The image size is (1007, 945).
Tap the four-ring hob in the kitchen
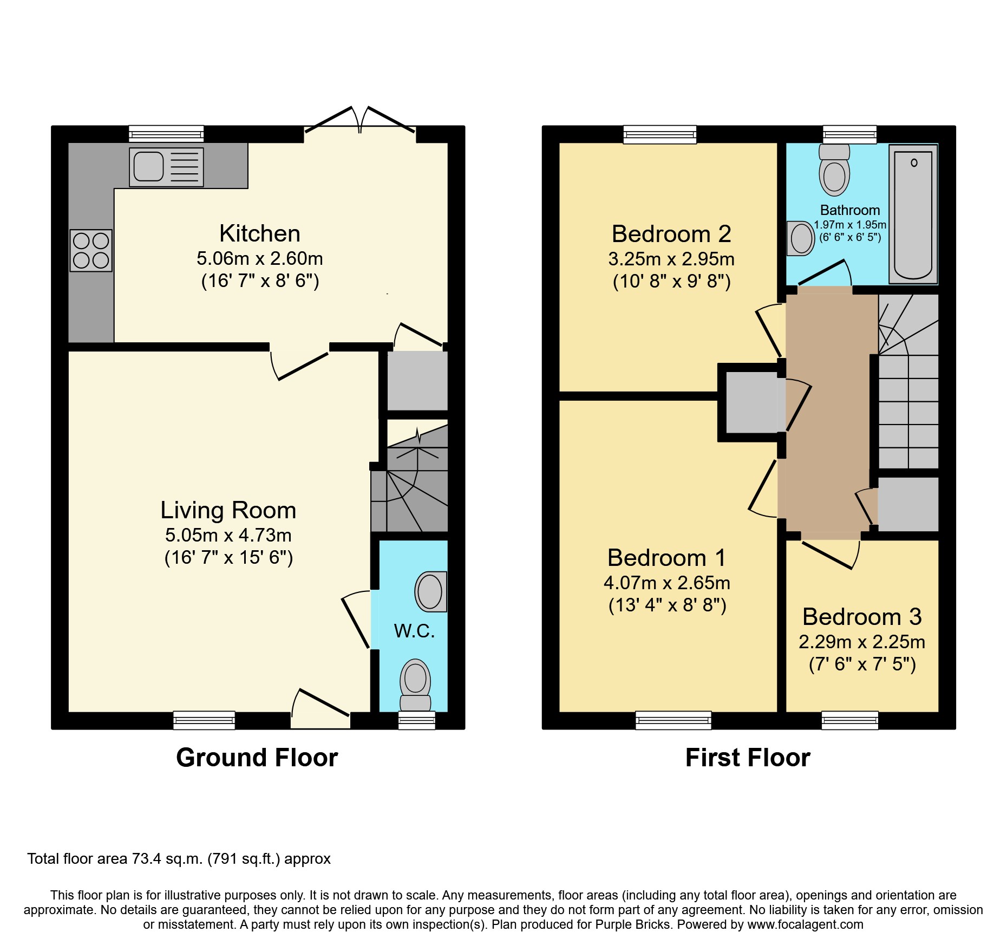(x=91, y=250)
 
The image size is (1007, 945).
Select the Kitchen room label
(x=260, y=234)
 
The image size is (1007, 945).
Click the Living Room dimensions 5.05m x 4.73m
(x=228, y=535)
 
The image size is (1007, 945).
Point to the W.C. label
(x=414, y=631)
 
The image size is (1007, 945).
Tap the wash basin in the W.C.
(x=431, y=591)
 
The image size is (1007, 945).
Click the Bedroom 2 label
(x=671, y=234)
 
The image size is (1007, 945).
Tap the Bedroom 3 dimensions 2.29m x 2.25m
(x=862, y=642)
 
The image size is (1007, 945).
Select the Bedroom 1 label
(x=666, y=558)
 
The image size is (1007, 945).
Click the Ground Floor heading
(x=257, y=758)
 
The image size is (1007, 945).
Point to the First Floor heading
(x=748, y=758)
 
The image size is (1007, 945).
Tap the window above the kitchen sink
(x=166, y=134)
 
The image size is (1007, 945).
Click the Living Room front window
(x=204, y=720)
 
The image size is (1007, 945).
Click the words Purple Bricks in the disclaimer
(x=633, y=924)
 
